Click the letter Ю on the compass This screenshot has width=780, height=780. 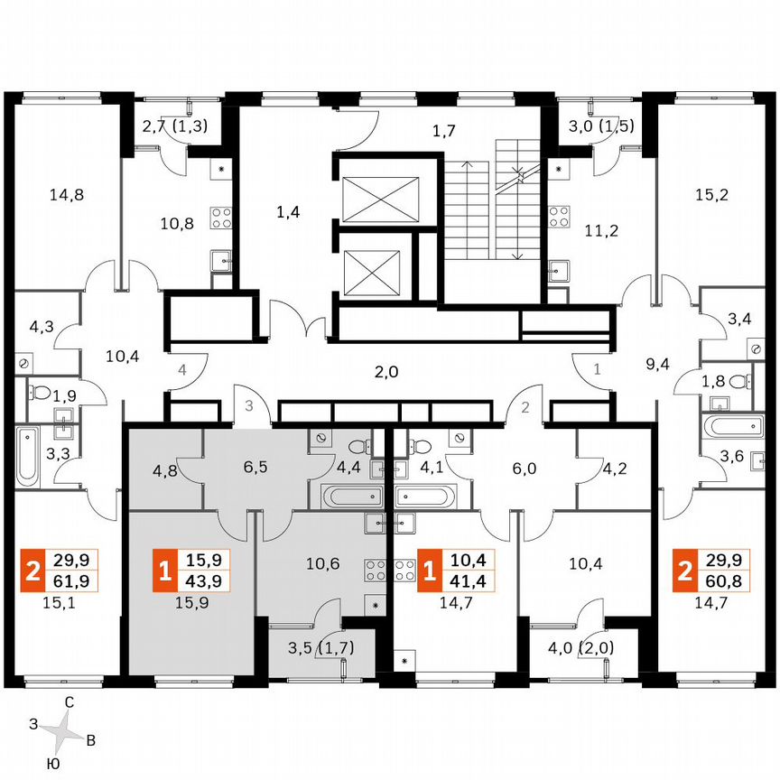53,764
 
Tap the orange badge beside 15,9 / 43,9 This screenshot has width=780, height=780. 163,571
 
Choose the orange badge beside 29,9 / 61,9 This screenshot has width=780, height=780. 33,571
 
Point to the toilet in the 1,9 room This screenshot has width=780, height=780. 41,393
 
